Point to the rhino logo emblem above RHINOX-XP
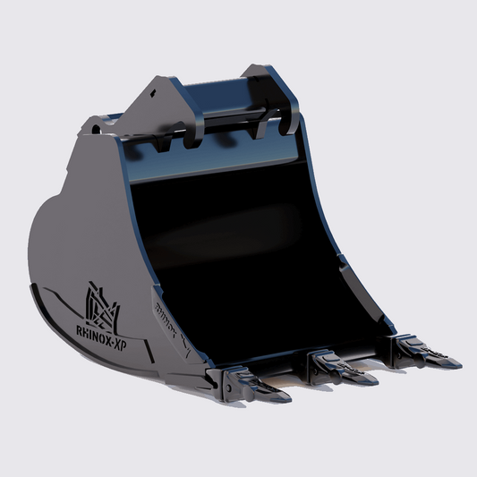point(100,305)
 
